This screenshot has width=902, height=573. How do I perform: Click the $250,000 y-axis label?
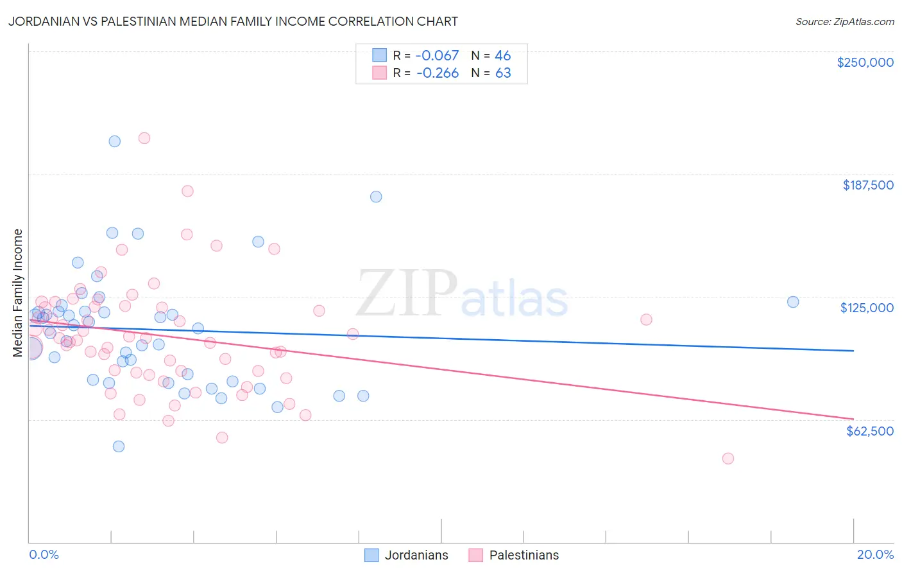[x=865, y=62]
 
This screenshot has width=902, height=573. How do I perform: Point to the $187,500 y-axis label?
[x=867, y=185]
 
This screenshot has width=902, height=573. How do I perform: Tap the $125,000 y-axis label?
[x=867, y=308]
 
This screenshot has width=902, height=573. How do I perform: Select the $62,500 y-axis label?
[x=869, y=431]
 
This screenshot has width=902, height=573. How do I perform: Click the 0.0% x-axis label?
[x=44, y=554]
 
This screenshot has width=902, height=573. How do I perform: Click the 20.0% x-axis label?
[x=875, y=554]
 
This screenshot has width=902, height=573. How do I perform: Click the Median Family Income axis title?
[x=18, y=293]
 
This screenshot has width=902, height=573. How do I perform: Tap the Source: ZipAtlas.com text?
[x=844, y=22]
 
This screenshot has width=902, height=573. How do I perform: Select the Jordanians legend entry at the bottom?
[x=407, y=555]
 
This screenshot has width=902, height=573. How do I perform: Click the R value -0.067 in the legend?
[x=438, y=56]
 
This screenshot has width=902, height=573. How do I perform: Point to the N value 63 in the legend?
[x=503, y=73]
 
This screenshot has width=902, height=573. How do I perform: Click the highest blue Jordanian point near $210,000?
[x=115, y=141]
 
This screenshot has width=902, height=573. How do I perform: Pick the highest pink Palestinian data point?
[x=144, y=138]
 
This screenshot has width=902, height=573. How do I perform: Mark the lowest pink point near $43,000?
[x=728, y=459]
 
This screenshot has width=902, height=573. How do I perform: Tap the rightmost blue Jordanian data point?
[x=793, y=302]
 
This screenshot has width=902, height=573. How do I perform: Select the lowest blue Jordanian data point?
[x=119, y=446]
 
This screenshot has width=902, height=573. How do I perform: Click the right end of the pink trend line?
[x=853, y=419]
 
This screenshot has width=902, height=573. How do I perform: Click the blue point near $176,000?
[x=376, y=197]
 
